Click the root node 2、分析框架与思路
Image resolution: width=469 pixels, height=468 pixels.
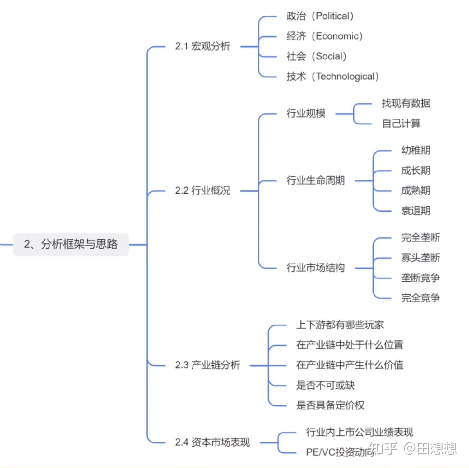71,244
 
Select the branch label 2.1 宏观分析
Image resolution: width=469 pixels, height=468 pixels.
202,46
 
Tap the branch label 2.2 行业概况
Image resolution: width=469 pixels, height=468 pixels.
202,190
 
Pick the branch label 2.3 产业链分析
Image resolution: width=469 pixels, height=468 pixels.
207,365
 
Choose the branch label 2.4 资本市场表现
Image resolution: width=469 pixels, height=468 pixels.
212,442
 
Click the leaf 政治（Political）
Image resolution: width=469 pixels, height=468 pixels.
320,16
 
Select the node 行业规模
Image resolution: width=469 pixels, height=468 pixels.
306,113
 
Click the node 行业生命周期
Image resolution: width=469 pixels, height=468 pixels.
316,180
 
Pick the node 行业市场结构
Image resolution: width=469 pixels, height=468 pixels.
316,268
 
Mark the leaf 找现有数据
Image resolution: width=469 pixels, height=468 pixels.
406,103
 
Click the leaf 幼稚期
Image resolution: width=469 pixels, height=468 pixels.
416,151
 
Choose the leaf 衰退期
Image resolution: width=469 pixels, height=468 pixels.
416,211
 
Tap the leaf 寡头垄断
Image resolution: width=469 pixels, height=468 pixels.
420,258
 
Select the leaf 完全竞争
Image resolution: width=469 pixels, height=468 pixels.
420,298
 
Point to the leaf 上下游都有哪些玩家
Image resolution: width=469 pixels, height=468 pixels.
340,325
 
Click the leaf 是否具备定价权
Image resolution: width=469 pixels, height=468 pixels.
330,405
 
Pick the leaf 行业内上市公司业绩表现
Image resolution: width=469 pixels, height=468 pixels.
360,432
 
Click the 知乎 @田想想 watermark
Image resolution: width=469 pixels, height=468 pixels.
413,448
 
